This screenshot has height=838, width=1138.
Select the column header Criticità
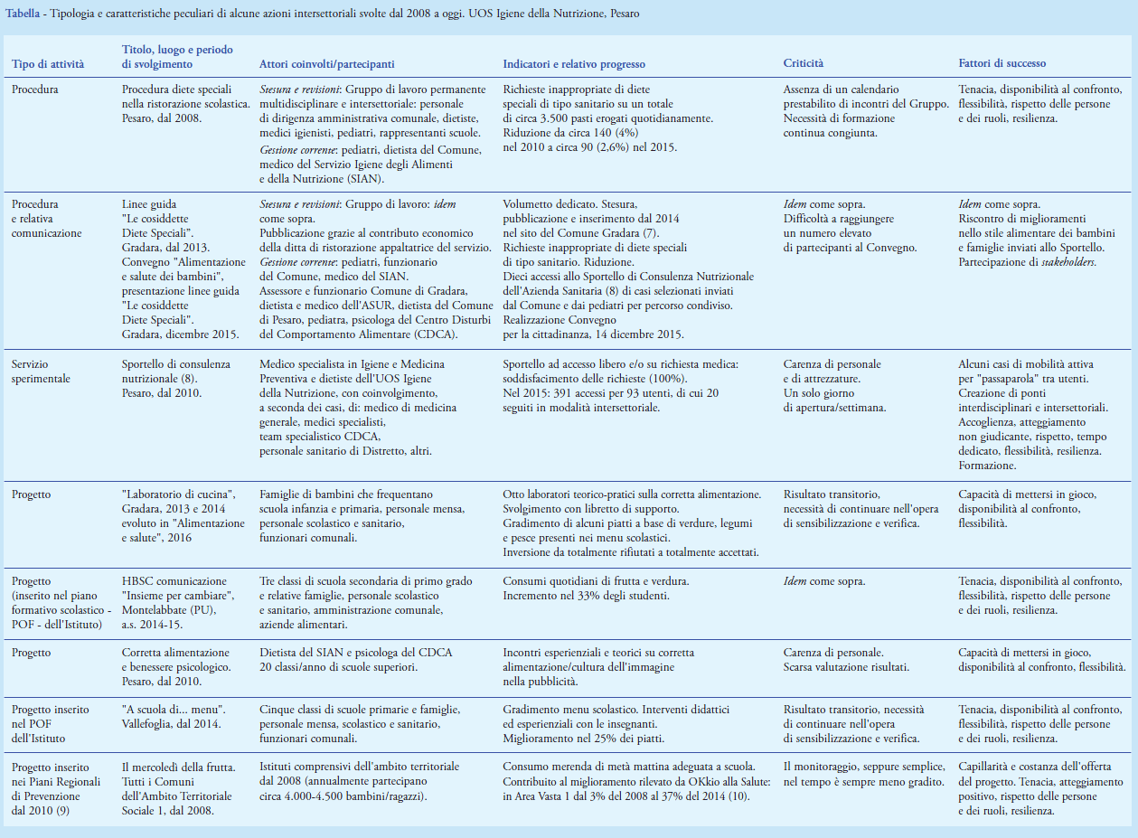pos(803,64)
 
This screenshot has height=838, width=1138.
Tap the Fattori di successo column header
pos(1002,64)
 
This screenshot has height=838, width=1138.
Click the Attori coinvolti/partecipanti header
pos(326,64)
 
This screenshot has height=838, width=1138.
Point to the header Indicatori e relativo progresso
pos(573,64)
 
